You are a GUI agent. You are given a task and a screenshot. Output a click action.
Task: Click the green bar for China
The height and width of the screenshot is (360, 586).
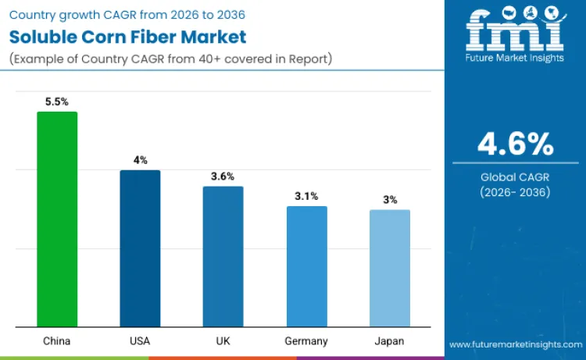(x=57, y=219)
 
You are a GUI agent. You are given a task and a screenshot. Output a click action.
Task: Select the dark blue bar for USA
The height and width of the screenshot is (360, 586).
(x=140, y=248)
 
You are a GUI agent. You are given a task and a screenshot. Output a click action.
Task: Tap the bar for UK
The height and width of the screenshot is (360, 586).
(x=223, y=256)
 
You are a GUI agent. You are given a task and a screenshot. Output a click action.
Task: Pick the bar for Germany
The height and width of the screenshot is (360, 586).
(x=306, y=266)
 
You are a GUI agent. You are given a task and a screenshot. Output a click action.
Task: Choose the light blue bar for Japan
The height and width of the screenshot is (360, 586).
(x=389, y=268)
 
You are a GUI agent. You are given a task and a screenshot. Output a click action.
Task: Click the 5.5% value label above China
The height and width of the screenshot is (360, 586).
(x=57, y=102)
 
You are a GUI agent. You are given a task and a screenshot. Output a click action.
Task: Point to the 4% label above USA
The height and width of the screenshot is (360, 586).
(x=140, y=160)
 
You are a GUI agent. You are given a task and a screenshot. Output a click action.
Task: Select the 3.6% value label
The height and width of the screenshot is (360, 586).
(x=223, y=176)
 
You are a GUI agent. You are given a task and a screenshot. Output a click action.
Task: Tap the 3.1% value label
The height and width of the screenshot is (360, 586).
(x=306, y=196)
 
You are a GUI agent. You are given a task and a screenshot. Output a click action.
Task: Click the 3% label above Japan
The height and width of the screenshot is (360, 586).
(x=389, y=200)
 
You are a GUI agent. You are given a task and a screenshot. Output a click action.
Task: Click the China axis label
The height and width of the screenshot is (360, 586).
(x=57, y=341)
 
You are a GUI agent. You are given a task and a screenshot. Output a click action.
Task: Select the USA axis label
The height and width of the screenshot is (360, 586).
(x=140, y=341)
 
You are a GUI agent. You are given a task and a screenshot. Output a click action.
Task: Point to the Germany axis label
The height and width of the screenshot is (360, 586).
(x=306, y=341)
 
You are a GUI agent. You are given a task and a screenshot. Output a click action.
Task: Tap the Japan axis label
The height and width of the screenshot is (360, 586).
(x=389, y=341)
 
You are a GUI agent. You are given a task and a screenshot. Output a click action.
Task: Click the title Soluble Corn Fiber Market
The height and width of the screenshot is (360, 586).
(x=127, y=36)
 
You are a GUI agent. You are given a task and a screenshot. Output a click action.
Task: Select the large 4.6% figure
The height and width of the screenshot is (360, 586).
(x=515, y=144)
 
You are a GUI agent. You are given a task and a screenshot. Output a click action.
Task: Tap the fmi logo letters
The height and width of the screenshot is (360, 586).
(x=515, y=31)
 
